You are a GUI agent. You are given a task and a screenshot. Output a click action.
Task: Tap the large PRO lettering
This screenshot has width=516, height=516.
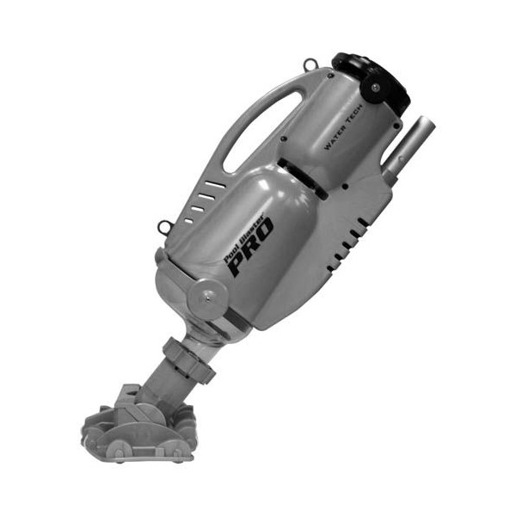click(x=252, y=247)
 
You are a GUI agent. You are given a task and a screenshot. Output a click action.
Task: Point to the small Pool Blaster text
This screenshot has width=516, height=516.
click(x=244, y=238)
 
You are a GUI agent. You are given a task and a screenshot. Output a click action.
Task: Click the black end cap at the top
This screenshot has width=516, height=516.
click(x=372, y=83)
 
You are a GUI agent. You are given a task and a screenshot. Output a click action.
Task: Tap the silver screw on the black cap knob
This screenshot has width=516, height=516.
click(x=376, y=88)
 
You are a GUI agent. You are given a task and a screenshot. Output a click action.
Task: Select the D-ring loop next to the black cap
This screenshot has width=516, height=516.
click(x=310, y=64)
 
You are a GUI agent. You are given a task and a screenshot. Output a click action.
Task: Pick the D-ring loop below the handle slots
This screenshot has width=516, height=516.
click(x=163, y=227)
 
